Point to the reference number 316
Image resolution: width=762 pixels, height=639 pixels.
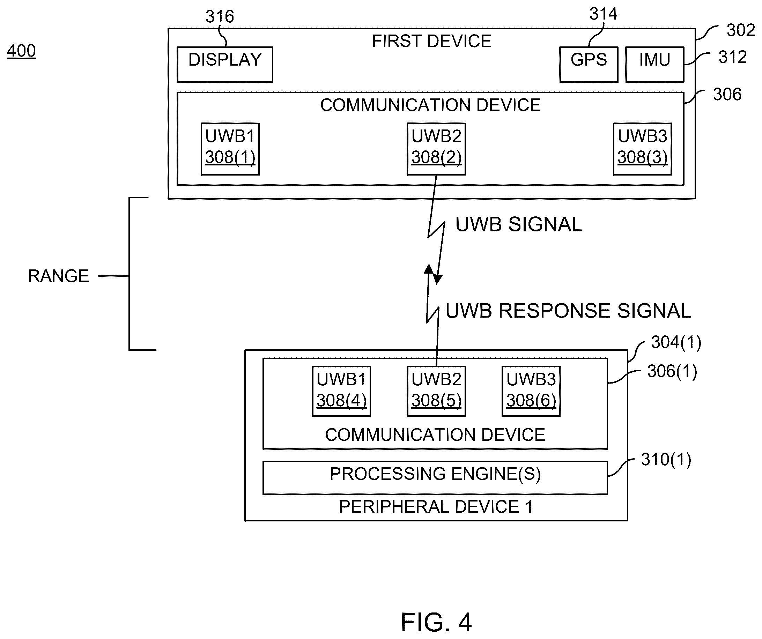(220, 17)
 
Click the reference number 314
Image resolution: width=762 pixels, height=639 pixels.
(604, 14)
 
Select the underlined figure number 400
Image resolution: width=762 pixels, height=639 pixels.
(21, 51)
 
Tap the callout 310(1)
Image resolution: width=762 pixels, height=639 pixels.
(666, 459)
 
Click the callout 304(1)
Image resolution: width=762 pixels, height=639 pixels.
(676, 342)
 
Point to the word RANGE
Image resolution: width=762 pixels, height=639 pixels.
(58, 276)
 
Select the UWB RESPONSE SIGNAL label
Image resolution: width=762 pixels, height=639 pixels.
(568, 311)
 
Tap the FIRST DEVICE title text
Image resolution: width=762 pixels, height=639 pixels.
(431, 41)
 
